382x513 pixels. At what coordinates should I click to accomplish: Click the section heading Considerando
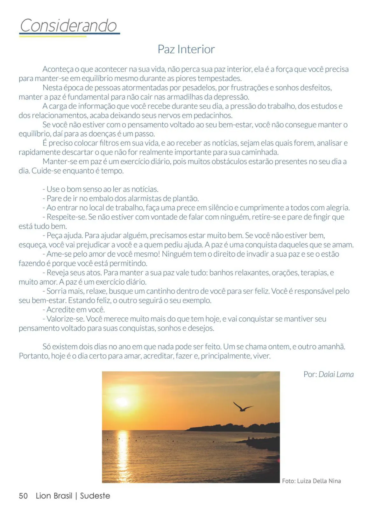[68, 25]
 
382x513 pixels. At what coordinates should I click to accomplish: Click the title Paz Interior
[186, 49]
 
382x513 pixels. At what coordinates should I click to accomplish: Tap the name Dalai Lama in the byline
[336, 374]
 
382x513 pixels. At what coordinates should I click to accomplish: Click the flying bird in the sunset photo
[243, 407]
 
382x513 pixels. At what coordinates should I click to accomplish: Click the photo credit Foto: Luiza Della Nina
[311, 481]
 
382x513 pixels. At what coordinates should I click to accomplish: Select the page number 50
[23, 496]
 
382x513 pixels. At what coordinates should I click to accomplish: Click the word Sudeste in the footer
[95, 496]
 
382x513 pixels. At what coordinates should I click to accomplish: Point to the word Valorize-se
[65, 319]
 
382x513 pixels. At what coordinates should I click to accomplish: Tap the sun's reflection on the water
[123, 452]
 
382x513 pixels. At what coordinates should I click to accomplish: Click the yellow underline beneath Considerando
[53, 36]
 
